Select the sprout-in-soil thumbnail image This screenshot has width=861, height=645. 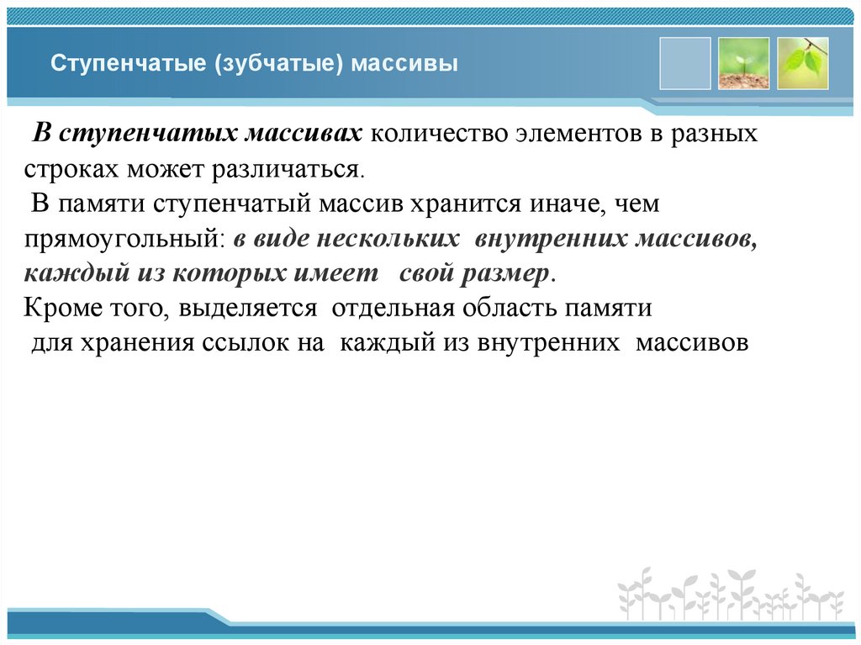743,63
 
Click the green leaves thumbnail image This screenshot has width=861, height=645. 802,63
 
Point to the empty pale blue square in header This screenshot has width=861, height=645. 684,63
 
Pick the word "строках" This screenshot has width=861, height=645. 71,171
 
